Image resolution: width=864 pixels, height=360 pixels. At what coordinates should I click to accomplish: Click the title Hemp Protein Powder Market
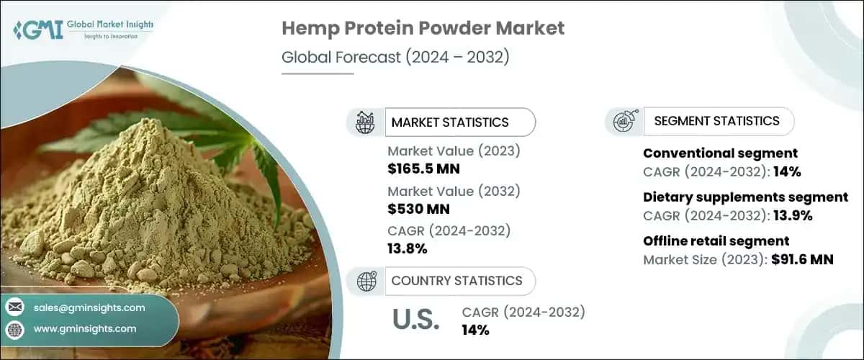click(423, 29)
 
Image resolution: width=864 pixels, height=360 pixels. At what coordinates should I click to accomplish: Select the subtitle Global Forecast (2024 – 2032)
click(395, 58)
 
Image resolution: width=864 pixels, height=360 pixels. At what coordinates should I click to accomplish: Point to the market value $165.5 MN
click(423, 170)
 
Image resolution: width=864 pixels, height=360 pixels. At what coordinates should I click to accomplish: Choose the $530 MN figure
click(418, 210)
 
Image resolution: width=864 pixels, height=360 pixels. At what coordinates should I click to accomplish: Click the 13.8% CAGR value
click(408, 249)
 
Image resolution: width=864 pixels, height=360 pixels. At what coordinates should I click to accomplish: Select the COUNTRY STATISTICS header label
click(456, 281)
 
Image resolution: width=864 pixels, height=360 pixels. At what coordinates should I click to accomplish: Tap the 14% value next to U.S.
click(475, 330)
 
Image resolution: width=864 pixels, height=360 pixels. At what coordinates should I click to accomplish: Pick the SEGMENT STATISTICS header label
click(716, 121)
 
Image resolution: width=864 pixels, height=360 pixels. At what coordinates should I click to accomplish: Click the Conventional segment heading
click(720, 153)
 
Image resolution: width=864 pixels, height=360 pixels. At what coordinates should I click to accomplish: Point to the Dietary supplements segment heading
click(745, 197)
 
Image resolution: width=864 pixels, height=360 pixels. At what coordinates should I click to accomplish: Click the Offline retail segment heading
click(716, 241)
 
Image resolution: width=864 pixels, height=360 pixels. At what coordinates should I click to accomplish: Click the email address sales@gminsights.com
click(89, 307)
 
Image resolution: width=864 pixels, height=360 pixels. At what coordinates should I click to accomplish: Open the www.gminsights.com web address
click(85, 329)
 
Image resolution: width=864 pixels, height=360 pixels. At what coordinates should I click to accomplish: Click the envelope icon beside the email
click(14, 307)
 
